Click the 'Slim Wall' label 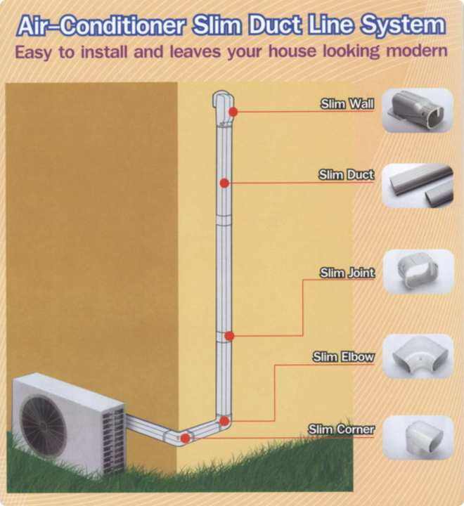pos(347,104)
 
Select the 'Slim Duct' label pos(347,174)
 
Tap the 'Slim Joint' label pos(347,273)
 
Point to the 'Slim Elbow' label pos(344,357)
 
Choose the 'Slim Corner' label pos(341,429)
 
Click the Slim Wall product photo pos(418,110)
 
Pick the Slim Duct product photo pos(418,186)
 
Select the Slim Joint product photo pos(419,271)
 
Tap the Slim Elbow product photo pos(418,356)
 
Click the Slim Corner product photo pos(418,437)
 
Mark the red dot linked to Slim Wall pos(233,112)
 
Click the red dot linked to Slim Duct pos(224,183)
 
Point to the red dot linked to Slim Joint pos(229,336)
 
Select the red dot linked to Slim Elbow pos(224,421)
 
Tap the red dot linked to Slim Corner pos(185,438)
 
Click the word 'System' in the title pos(403,25)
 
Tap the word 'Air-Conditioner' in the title pos(101,26)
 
